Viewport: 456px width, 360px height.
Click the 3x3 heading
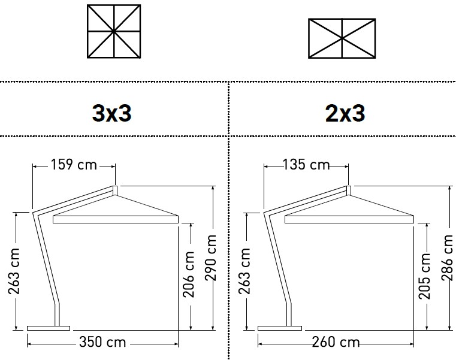click(x=111, y=113)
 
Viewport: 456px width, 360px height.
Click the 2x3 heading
click(x=345, y=113)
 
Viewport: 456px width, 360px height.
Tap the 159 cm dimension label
click(x=74, y=165)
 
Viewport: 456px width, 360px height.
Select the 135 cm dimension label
click(x=306, y=165)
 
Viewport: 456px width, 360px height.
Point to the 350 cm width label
click(x=102, y=342)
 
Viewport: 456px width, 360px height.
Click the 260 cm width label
click(x=336, y=342)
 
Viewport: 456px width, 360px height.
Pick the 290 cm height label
click(x=210, y=258)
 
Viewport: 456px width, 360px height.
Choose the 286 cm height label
click(x=447, y=258)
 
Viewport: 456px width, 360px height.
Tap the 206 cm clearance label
click(x=188, y=274)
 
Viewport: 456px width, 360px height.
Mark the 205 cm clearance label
click(x=424, y=276)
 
